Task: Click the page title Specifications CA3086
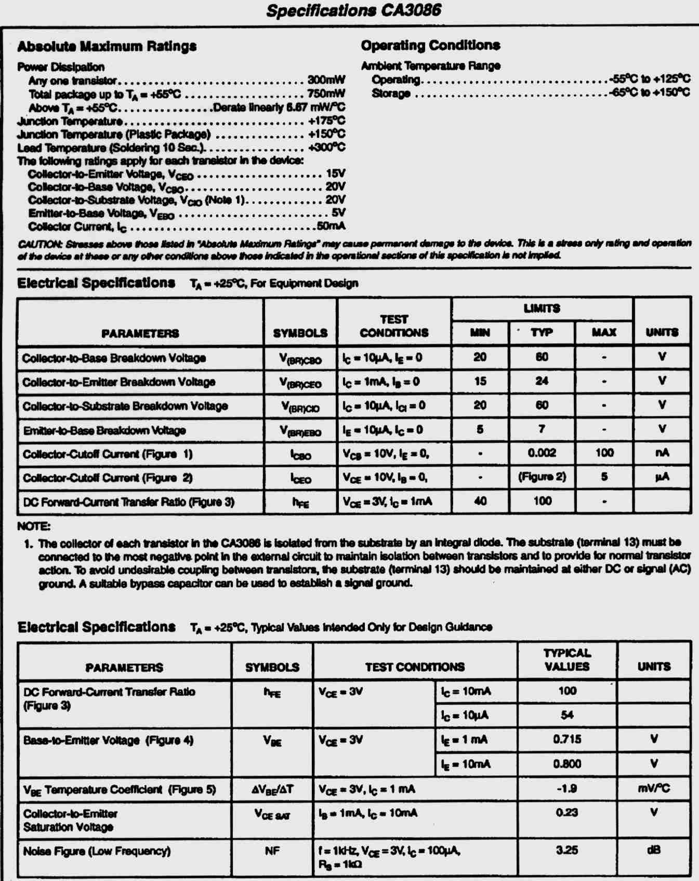point(353,10)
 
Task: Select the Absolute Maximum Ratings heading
point(107,46)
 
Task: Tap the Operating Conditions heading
point(430,45)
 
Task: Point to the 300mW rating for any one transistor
point(326,80)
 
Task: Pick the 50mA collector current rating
point(331,226)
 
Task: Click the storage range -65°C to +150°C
point(650,93)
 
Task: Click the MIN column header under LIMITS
point(480,332)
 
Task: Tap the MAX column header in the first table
point(604,332)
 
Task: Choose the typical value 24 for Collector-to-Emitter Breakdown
point(542,381)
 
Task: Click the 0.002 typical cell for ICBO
point(542,453)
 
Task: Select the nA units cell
point(662,453)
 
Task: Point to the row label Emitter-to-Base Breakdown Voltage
point(104,430)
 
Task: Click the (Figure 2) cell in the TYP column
point(542,477)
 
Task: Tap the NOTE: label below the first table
point(34,526)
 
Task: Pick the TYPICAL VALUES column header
point(566,660)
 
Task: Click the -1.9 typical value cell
point(566,788)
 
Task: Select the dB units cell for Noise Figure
point(653,851)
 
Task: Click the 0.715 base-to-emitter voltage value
point(566,739)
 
